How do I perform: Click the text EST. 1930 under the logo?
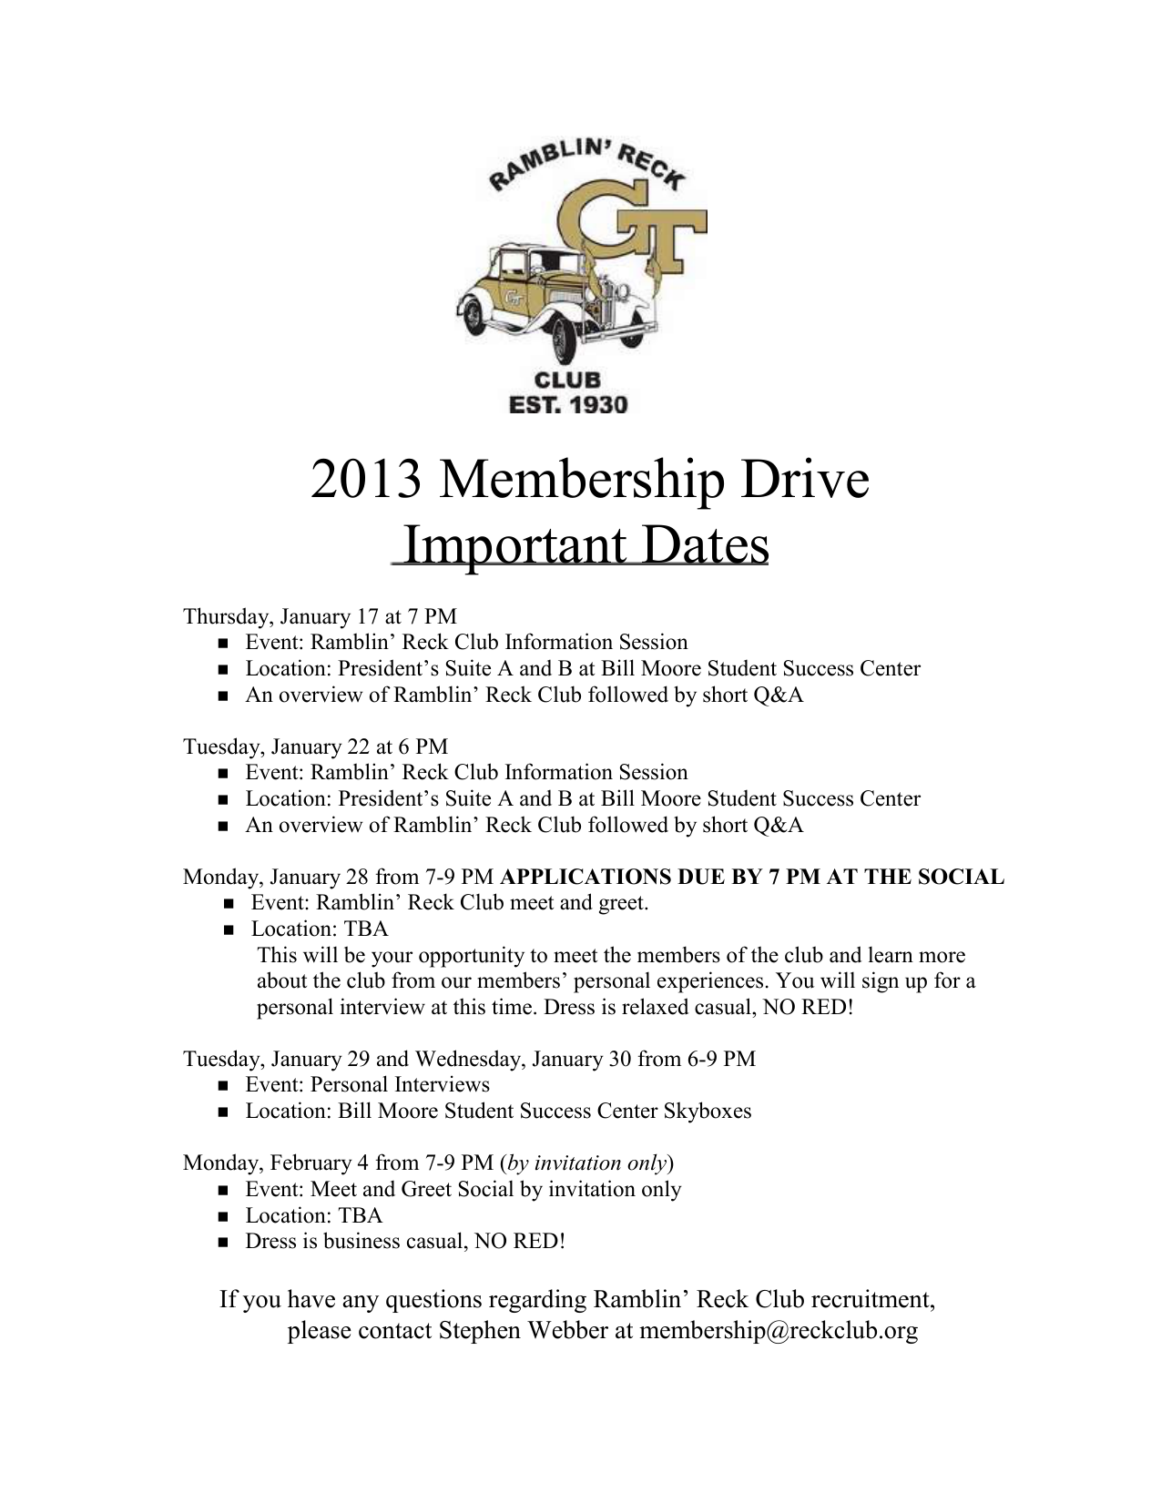pyautogui.click(x=567, y=403)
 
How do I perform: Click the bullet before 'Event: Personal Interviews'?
pyautogui.click(x=223, y=1086)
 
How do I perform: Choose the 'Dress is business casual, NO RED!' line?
pyautogui.click(x=405, y=1241)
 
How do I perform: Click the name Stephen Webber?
pyautogui.click(x=523, y=1330)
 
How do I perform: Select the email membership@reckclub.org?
pyautogui.click(x=779, y=1330)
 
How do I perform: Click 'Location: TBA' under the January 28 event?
pyautogui.click(x=320, y=929)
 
